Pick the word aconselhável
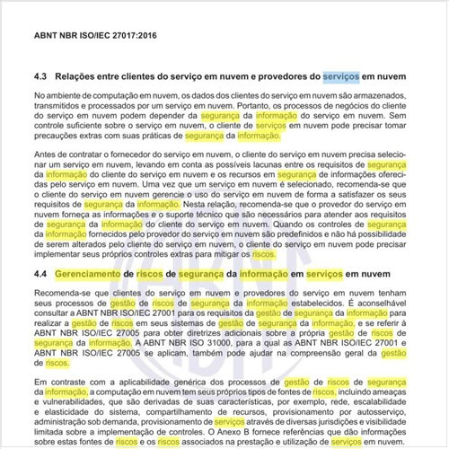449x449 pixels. tap(385, 304)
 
